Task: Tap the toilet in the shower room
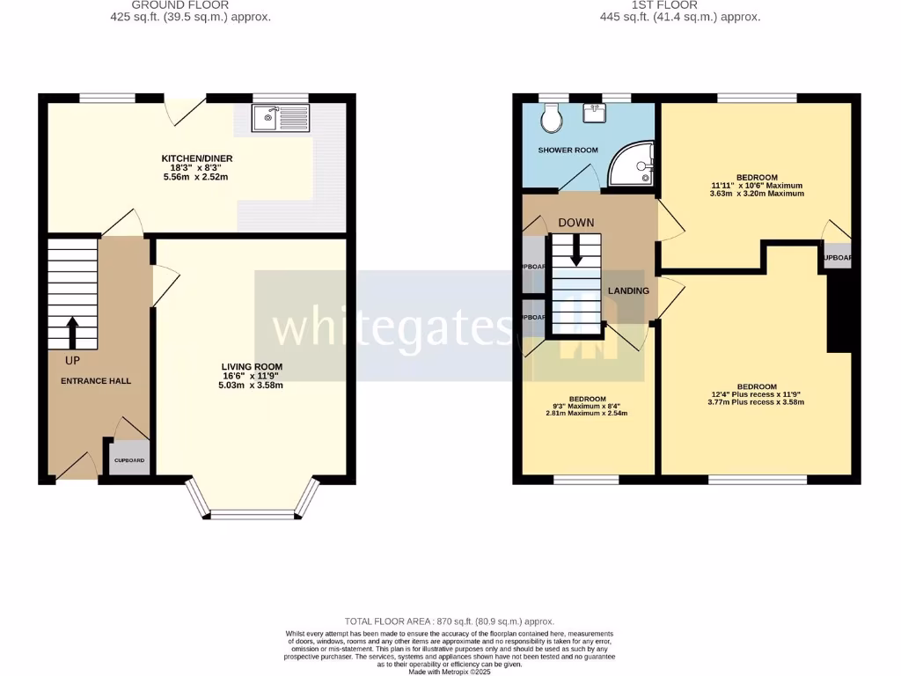pyautogui.click(x=553, y=119)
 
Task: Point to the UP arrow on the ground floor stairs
pyautogui.click(x=72, y=334)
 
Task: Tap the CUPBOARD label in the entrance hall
pyautogui.click(x=129, y=460)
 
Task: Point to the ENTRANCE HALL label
pyautogui.click(x=96, y=381)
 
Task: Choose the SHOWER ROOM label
pyautogui.click(x=568, y=151)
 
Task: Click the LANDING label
pyautogui.click(x=628, y=291)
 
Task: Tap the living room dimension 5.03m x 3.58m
pyautogui.click(x=252, y=385)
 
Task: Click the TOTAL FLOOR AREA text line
pyautogui.click(x=450, y=621)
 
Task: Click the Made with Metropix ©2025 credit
pyautogui.click(x=450, y=672)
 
